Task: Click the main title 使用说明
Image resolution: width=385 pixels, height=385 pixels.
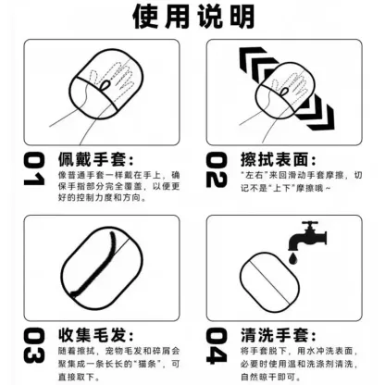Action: click(192, 16)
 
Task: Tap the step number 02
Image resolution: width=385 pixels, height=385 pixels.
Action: click(217, 170)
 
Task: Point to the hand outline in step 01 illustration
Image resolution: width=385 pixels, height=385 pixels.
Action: click(110, 79)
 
